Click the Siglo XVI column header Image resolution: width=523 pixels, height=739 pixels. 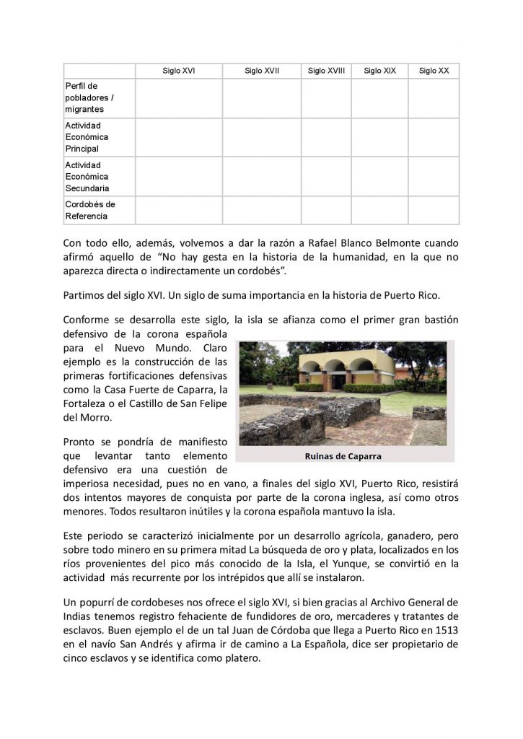pyautogui.click(x=178, y=71)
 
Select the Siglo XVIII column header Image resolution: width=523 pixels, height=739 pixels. pyautogui.click(x=326, y=71)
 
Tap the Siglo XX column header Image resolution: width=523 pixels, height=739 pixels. pyautogui.click(x=434, y=71)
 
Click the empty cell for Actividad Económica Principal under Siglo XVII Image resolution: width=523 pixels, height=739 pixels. pyautogui.click(x=261, y=137)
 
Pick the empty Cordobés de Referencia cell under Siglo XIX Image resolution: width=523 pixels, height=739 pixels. pyautogui.click(x=379, y=210)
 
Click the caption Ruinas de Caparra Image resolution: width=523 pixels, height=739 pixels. pyautogui.click(x=343, y=456)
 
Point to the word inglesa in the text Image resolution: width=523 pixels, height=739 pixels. pyautogui.click(x=325, y=498)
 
